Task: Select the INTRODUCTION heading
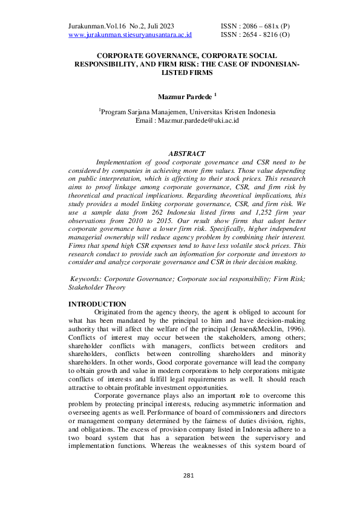[97, 304]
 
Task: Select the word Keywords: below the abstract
[86, 279]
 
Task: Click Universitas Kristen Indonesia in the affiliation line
[232, 112]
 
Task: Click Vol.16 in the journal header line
[118, 27]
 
